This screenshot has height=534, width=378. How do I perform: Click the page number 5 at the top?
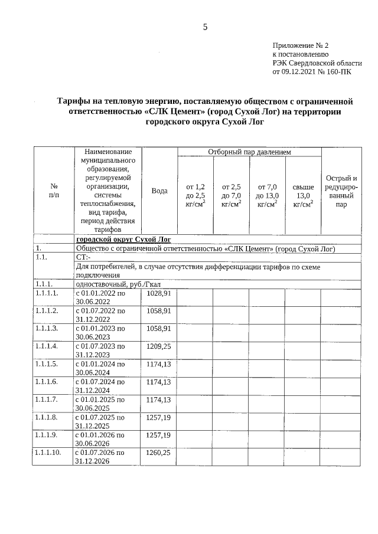(x=205, y=27)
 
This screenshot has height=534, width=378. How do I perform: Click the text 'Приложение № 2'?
(x=300, y=45)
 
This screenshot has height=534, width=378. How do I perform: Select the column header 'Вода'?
(x=159, y=191)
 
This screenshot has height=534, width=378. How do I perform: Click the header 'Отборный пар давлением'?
(x=249, y=152)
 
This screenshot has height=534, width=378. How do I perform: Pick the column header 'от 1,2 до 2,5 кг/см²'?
(x=195, y=195)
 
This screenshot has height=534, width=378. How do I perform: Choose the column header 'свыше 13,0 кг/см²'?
(x=303, y=195)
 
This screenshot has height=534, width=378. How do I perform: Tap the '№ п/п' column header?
(x=54, y=190)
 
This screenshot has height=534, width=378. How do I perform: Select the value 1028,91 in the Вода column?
(x=158, y=293)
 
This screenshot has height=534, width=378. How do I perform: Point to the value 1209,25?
(x=158, y=346)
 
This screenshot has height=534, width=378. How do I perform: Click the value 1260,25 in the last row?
(x=158, y=453)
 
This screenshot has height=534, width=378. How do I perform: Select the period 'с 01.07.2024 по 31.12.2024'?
(x=99, y=386)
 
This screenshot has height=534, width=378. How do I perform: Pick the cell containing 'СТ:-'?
(x=83, y=257)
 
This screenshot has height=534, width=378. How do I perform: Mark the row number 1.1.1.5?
(x=47, y=364)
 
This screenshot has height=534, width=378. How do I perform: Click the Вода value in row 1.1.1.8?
(x=158, y=417)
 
